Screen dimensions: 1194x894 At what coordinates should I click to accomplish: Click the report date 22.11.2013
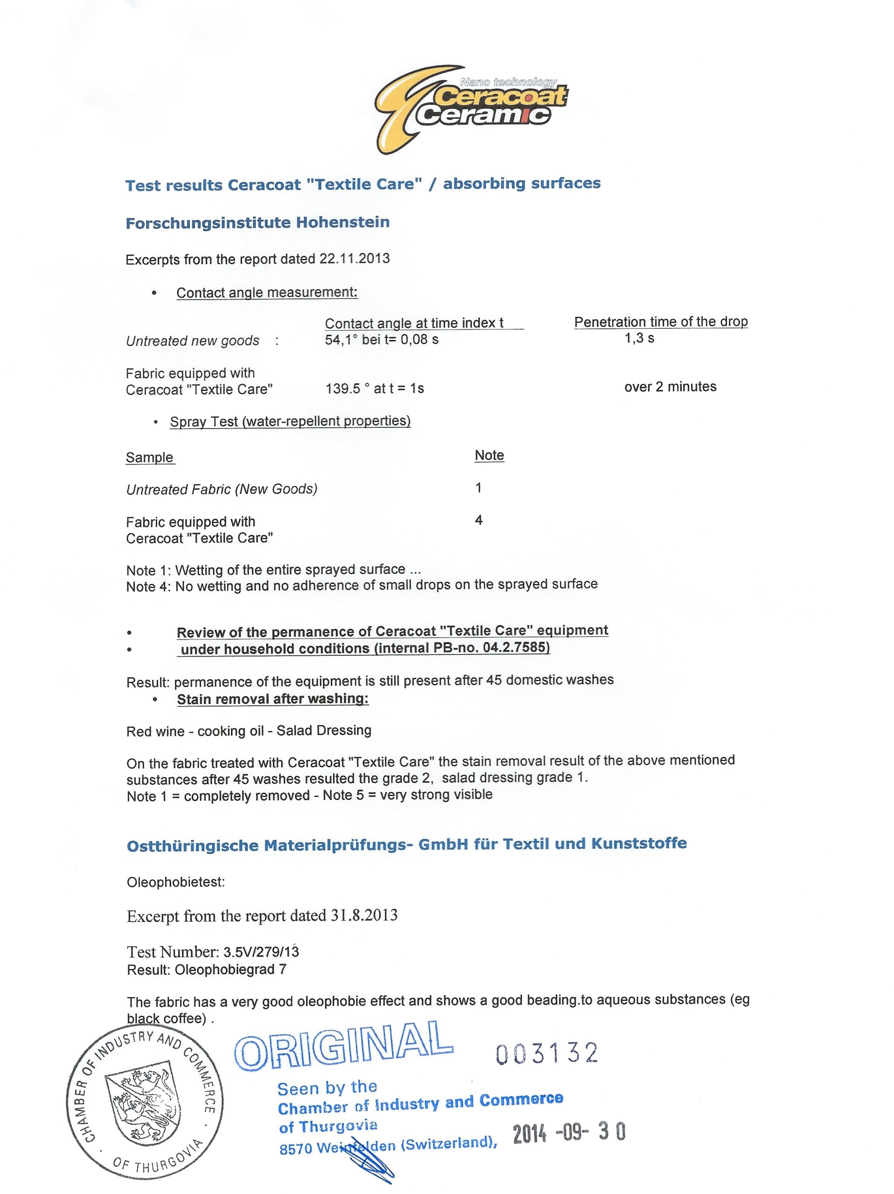(354, 258)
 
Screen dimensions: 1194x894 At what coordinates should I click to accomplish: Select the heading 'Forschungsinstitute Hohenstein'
(258, 222)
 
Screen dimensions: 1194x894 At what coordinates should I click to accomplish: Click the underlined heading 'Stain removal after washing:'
(272, 699)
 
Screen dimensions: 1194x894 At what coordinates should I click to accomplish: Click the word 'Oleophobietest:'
(175, 882)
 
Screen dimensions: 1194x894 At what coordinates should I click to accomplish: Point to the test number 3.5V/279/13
(261, 951)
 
